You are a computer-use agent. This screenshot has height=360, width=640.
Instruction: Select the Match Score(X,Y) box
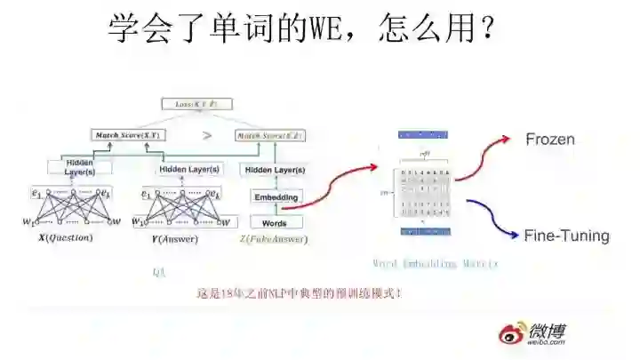(127, 135)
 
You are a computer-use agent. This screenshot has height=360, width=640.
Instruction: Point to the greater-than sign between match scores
(206, 136)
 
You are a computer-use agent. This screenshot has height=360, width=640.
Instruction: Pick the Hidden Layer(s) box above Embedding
(275, 170)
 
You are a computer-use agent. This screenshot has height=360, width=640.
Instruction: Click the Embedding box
(275, 196)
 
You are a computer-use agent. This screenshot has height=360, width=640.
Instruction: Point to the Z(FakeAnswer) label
(274, 239)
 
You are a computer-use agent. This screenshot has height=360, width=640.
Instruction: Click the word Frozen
(550, 140)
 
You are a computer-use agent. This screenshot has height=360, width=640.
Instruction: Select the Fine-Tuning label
(566, 236)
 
